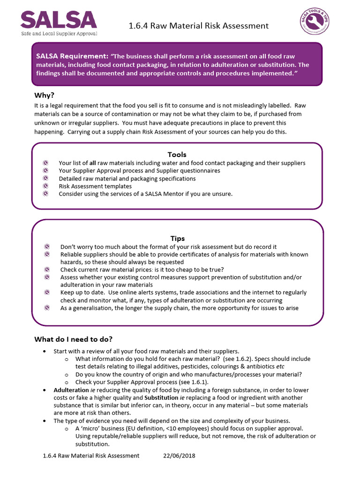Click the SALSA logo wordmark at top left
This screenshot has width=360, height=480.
pyautogui.click(x=59, y=19)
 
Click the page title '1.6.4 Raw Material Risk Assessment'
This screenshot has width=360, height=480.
pyautogui.click(x=198, y=26)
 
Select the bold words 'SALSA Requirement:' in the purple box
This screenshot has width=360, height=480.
pyautogui.click(x=73, y=56)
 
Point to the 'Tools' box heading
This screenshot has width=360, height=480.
pyautogui.click(x=177, y=154)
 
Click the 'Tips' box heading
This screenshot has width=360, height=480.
pyautogui.click(x=177, y=239)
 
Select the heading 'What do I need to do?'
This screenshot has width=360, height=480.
pyautogui.click(x=74, y=339)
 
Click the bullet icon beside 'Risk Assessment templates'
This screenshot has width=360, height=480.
pyautogui.click(x=45, y=186)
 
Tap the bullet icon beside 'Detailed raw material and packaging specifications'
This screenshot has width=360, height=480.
pyautogui.click(x=45, y=179)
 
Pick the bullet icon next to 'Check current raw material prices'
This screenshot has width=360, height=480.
pyautogui.click(x=47, y=270)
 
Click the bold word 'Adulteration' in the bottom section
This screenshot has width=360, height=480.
pyautogui.click(x=71, y=390)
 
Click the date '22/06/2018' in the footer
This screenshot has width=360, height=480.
pyautogui.click(x=179, y=456)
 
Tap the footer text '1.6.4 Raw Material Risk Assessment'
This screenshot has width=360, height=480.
pyautogui.click(x=91, y=456)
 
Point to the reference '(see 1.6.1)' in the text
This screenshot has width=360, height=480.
pyautogui.click(x=179, y=382)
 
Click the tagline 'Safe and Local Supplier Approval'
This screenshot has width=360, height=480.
pyautogui.click(x=58, y=34)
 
